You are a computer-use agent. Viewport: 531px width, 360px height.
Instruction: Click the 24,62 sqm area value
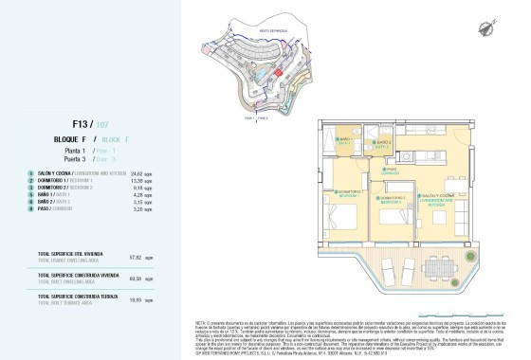point(137,174)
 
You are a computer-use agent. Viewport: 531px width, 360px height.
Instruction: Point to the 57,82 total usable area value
point(135,257)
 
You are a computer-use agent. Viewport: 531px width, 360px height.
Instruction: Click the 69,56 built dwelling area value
point(135,278)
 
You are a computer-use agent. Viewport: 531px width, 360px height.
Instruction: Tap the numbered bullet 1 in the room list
point(31,174)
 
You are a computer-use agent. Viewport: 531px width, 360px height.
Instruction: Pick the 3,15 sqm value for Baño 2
point(137,202)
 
